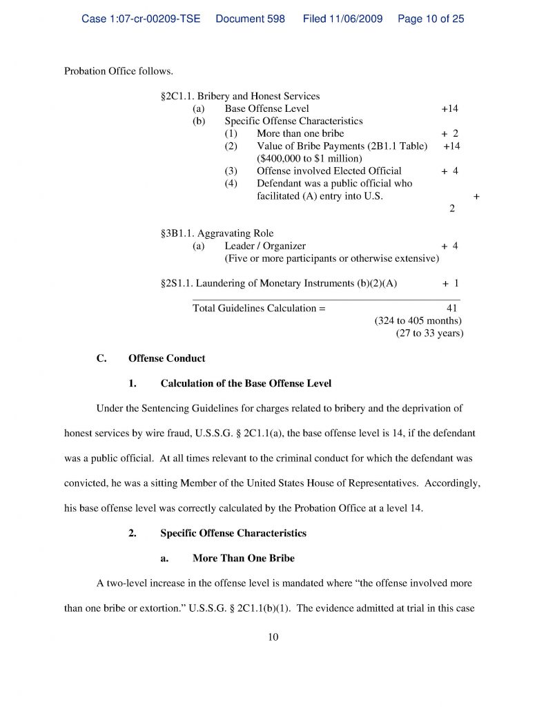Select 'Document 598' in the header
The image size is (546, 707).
click(250, 19)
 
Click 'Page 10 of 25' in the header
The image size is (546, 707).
click(431, 19)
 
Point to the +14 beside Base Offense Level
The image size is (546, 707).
click(449, 108)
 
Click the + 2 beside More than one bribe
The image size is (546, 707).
click(449, 133)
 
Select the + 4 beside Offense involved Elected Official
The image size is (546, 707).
click(449, 171)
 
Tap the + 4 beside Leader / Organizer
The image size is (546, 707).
click(449, 246)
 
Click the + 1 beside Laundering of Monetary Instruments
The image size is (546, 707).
click(450, 283)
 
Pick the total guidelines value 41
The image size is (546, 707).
click(452, 308)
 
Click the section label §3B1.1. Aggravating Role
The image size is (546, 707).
click(217, 233)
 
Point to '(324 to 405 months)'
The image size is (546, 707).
click(418, 321)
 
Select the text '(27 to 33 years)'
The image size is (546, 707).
click(429, 333)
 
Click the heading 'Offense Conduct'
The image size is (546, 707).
click(166, 358)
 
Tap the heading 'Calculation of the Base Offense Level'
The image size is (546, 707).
click(246, 383)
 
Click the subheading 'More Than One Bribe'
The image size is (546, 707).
click(244, 558)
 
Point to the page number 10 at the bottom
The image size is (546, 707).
click(273, 637)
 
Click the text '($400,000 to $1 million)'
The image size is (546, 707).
click(309, 158)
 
